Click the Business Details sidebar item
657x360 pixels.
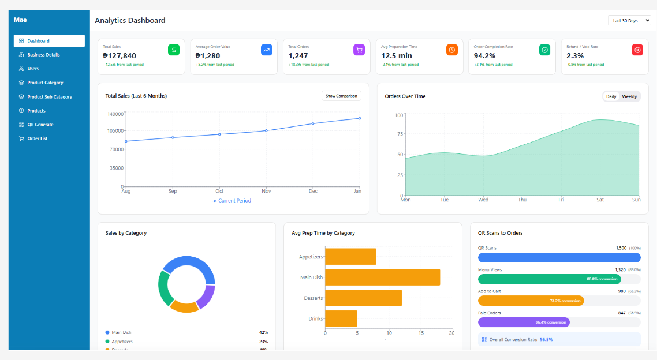pyautogui.click(x=43, y=55)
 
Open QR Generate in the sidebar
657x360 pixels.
pyautogui.click(x=40, y=125)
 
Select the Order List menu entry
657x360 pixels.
pyautogui.click(x=37, y=138)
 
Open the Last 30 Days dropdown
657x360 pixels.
pyautogui.click(x=629, y=21)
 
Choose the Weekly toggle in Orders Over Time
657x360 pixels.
pyautogui.click(x=629, y=96)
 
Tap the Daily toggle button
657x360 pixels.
pyautogui.click(x=611, y=96)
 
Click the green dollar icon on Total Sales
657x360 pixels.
pyautogui.click(x=174, y=50)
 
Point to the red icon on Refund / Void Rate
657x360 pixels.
pyautogui.click(x=637, y=50)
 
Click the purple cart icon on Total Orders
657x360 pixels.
pyautogui.click(x=359, y=50)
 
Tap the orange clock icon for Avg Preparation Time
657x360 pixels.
pyautogui.click(x=452, y=50)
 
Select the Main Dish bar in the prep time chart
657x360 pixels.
pyautogui.click(x=382, y=277)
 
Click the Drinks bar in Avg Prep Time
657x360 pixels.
pyautogui.click(x=341, y=318)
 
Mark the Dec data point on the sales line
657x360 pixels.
pyautogui.click(x=313, y=123)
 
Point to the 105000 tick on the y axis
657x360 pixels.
pyautogui.click(x=116, y=130)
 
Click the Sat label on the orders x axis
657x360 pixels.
pyautogui.click(x=600, y=200)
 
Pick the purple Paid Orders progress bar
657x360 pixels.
pyautogui.click(x=524, y=322)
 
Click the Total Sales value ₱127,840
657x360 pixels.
pyautogui.click(x=120, y=56)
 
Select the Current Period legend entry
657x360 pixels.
pyautogui.click(x=232, y=201)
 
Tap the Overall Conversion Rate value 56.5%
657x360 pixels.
pyautogui.click(x=546, y=340)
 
